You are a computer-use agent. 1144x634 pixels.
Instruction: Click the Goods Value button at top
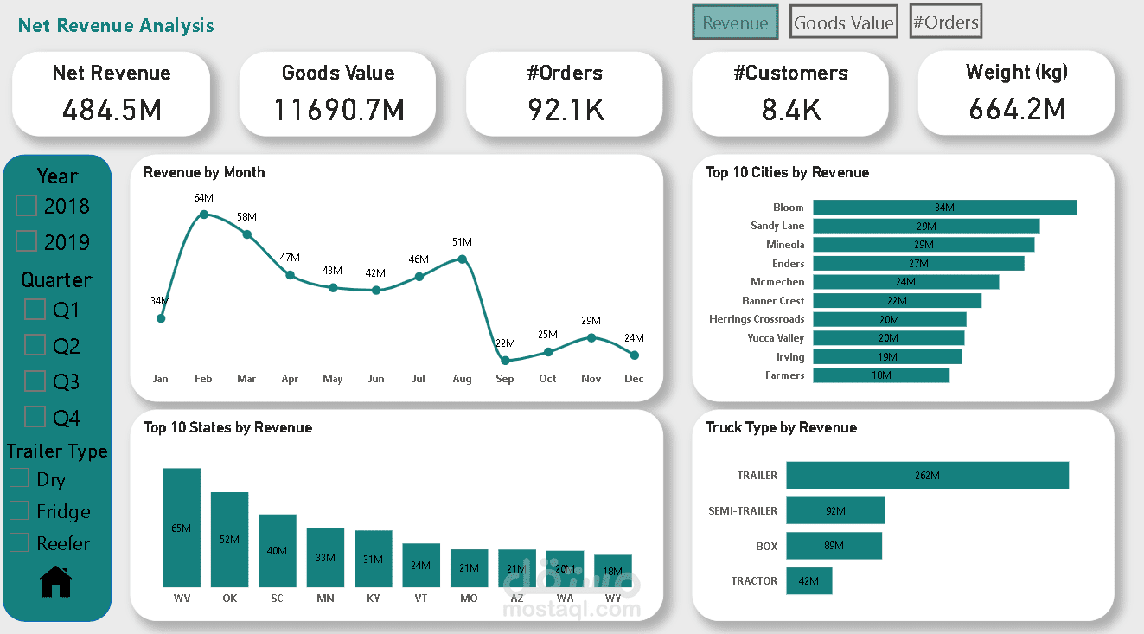843,23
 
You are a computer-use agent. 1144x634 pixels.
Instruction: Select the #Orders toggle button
946,22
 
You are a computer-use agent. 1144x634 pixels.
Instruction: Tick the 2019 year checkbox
27,241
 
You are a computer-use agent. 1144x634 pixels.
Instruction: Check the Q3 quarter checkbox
35,381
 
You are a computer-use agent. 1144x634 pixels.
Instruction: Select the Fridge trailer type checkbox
19,511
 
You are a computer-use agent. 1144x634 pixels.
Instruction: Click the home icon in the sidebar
56,581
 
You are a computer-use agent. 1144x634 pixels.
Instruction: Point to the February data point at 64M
203,215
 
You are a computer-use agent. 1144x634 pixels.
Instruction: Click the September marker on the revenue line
506,361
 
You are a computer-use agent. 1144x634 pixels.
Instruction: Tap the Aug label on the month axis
462,379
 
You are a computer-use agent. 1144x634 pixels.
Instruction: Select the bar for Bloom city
944,208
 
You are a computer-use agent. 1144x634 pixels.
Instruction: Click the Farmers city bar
881,375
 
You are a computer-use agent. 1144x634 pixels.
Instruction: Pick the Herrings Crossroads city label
757,319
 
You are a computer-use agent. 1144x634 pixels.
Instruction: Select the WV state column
182,528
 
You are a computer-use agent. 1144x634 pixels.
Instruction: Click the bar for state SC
278,550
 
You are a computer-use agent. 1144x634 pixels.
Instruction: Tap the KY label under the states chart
373,598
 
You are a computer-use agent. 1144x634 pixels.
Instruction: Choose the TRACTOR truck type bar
808,581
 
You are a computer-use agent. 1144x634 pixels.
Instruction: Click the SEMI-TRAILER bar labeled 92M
835,510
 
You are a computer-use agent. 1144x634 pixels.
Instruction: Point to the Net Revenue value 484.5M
112,110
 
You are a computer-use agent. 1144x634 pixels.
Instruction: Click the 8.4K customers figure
791,110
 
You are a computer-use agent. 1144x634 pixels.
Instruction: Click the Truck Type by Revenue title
781,427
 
